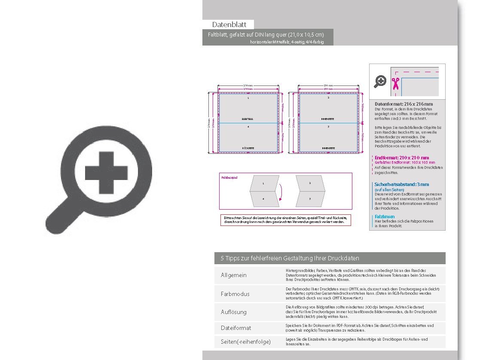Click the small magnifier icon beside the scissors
[380, 81]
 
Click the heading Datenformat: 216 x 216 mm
[404, 104]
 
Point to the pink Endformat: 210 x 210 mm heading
[402, 158]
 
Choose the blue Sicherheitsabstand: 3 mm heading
[402, 184]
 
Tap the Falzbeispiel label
[229, 177]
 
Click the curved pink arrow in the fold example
[280, 192]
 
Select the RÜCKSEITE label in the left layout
[248, 148]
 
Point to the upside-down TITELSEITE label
[248, 118]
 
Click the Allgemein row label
[234, 275]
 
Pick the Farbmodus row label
[235, 294]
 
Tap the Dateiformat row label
[236, 328]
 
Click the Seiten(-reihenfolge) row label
[246, 342]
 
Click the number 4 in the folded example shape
[263, 199]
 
